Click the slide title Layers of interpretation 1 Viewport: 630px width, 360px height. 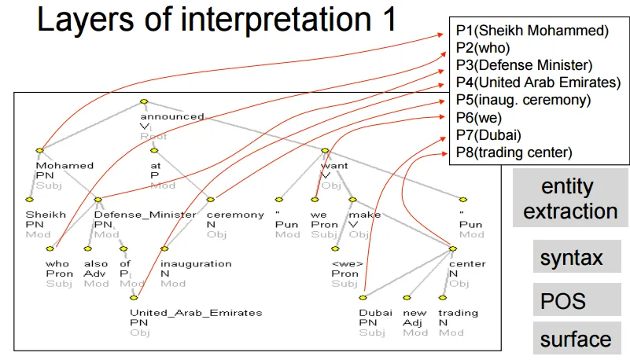[x=217, y=20]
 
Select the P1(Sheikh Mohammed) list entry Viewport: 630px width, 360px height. [x=532, y=31]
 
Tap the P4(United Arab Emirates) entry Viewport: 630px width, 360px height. [x=538, y=83]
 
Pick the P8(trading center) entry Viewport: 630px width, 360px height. [x=514, y=152]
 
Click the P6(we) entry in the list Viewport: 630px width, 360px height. [x=478, y=117]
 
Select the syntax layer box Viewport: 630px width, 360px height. [x=571, y=257]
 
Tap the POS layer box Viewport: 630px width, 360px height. [x=563, y=300]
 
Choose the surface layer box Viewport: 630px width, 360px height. [x=575, y=340]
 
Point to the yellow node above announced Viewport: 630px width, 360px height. [x=143, y=101]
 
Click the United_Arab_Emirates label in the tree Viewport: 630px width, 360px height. [x=195, y=313]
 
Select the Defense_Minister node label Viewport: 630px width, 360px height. [x=145, y=215]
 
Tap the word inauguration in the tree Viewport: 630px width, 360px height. [x=196, y=264]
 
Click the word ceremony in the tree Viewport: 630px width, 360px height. [x=235, y=215]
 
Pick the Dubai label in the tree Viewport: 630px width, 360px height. [x=370, y=313]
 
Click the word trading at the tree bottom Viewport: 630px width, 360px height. [x=458, y=313]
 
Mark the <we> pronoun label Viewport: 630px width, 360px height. [x=345, y=264]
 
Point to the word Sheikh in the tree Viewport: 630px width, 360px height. [x=40, y=215]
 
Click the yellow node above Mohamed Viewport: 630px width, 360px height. [x=39, y=150]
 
